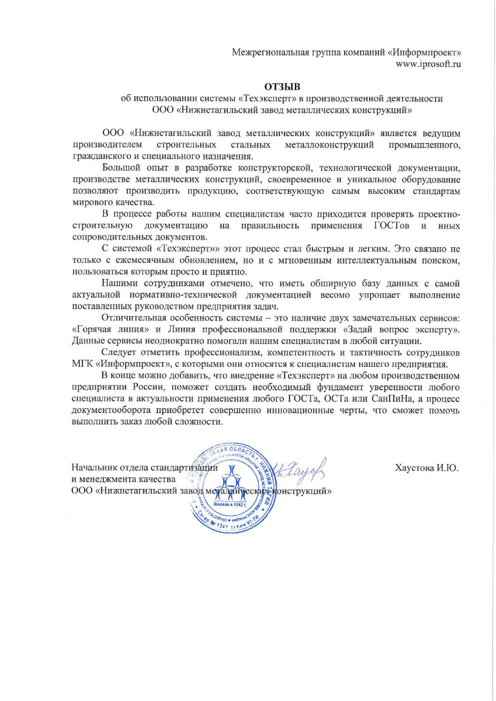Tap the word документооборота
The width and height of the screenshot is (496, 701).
tap(112, 409)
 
